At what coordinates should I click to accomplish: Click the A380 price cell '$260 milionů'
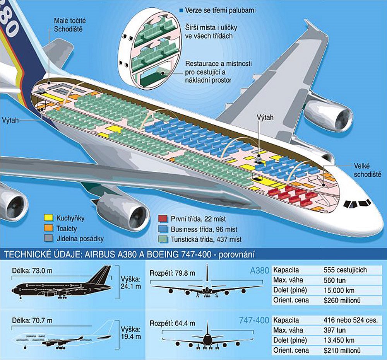342,300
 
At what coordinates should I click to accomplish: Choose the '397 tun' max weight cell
334,331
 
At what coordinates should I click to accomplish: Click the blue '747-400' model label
253,321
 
